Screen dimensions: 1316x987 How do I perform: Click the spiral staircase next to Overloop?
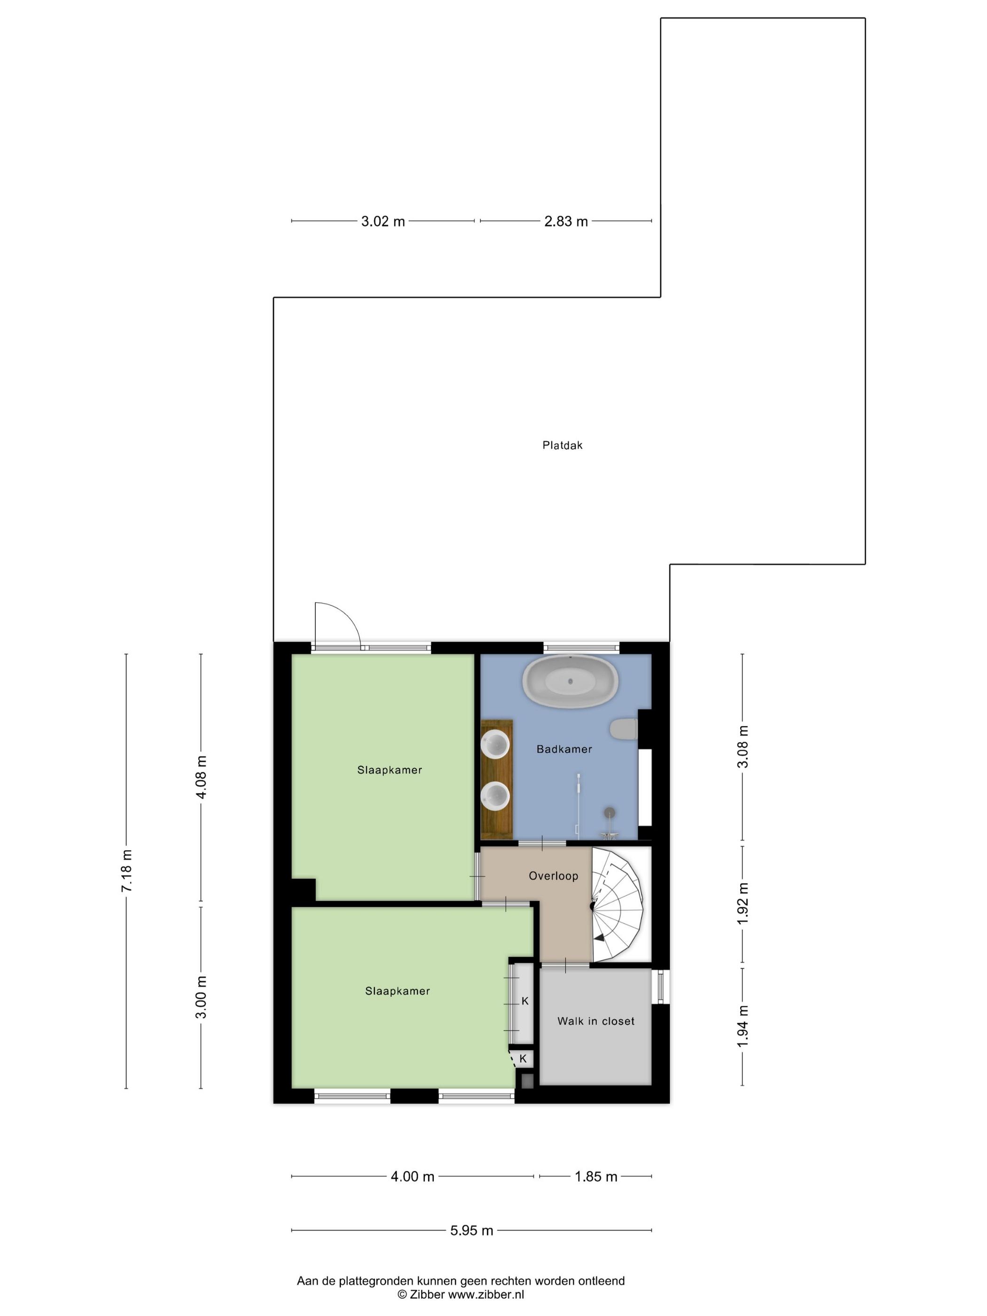619,905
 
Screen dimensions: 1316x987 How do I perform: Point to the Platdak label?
562,445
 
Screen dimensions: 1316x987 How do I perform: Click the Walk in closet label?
595,1021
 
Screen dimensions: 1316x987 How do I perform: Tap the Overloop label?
553,876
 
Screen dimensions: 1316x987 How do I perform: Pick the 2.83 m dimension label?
565,221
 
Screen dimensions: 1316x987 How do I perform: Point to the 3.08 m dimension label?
743,747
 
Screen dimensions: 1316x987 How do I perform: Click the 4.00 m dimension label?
412,1176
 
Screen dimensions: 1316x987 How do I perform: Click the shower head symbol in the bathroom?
609,813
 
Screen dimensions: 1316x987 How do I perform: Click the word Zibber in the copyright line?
427,1294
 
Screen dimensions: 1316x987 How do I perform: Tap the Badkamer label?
564,749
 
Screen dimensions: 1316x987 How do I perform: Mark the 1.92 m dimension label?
743,904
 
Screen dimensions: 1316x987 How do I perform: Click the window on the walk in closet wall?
660,987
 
